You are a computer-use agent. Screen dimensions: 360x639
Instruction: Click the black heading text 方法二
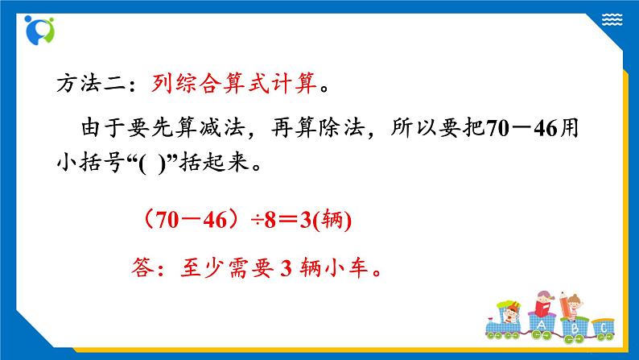pos(85,82)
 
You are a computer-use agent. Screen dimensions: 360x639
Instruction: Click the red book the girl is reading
pos(543,309)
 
